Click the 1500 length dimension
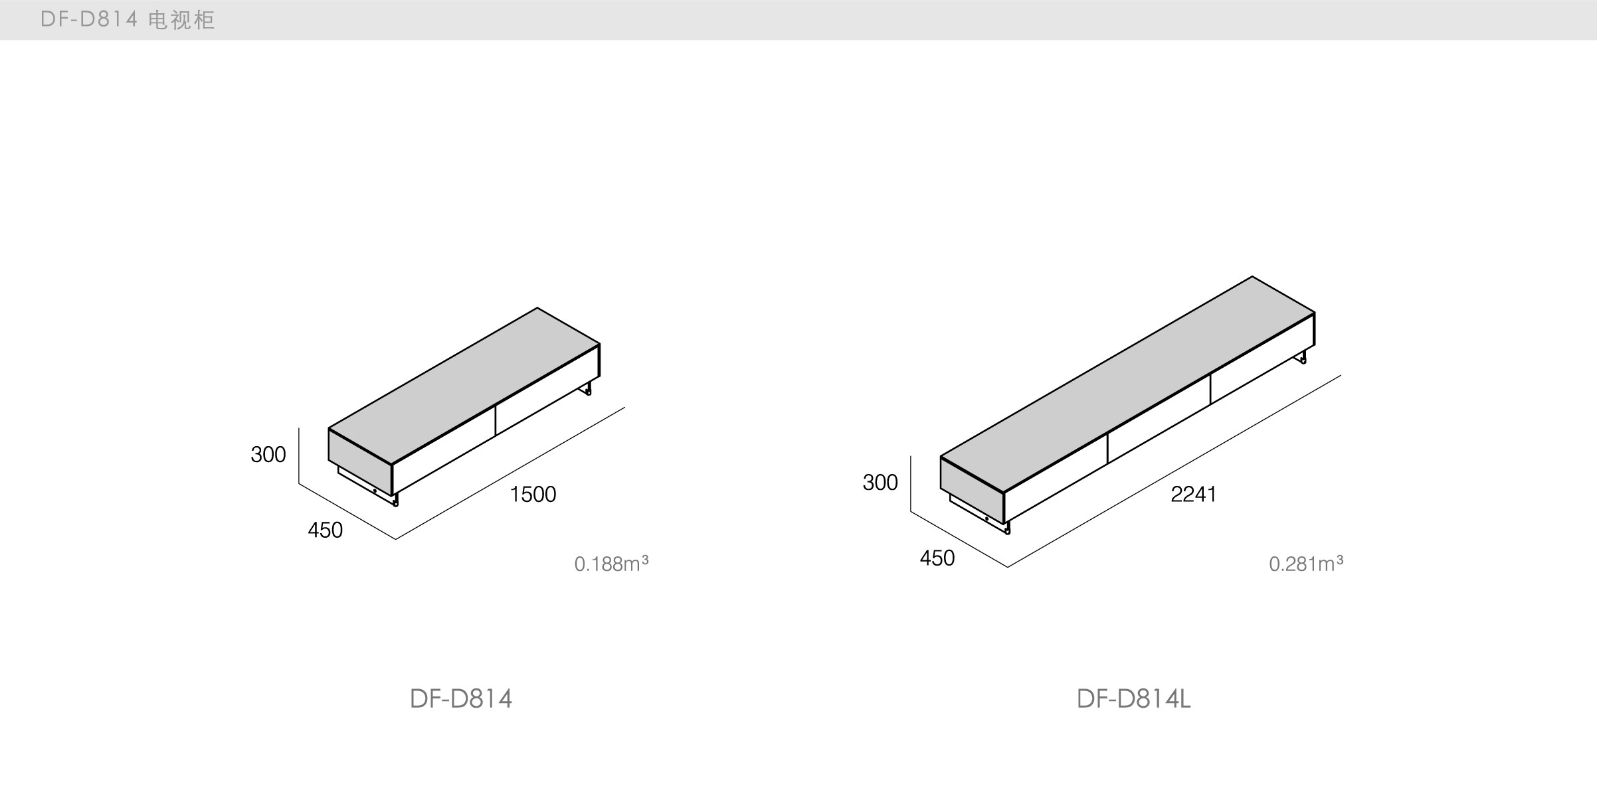coord(533,495)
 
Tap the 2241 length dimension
coord(1193,495)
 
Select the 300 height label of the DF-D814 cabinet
coord(268,455)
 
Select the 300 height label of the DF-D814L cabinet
coord(880,483)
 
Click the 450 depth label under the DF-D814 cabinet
coord(325,530)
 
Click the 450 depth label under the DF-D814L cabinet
coord(937,558)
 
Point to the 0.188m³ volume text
coord(611,564)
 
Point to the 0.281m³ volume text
coord(1305,564)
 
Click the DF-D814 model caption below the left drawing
coord(460,699)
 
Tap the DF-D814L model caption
coord(1133,699)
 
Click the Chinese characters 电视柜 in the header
coord(181,20)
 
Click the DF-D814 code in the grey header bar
coord(89,20)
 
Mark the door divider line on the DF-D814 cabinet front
coord(496,420)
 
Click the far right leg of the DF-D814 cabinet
coord(587,388)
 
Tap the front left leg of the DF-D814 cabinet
coord(395,499)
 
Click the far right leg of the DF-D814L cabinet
coord(1303,358)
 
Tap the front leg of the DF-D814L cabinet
coord(1007,528)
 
